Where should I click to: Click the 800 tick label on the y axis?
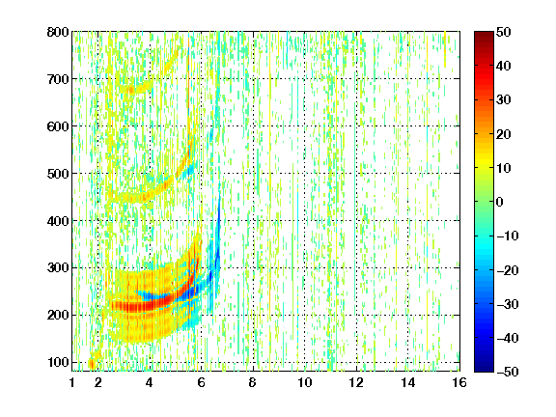[58, 32]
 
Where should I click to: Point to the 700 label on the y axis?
[58, 79]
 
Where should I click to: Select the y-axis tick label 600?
[58, 126]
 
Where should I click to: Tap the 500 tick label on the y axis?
[58, 174]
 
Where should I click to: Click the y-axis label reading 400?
[58, 221]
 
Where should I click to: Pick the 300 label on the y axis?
[58, 268]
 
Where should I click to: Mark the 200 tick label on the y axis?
[58, 316]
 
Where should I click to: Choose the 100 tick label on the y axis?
[58, 362]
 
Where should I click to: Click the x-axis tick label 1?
[72, 382]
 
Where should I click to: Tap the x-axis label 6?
[202, 382]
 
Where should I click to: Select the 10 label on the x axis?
[305, 382]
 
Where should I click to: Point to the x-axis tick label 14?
[408, 382]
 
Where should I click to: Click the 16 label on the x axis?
[459, 382]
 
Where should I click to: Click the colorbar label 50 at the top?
[504, 32]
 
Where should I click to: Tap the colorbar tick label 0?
[500, 202]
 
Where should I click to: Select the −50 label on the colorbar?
[508, 372]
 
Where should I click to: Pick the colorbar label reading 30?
[504, 100]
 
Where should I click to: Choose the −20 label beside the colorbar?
[508, 270]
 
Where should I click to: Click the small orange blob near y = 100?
[92, 364]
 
